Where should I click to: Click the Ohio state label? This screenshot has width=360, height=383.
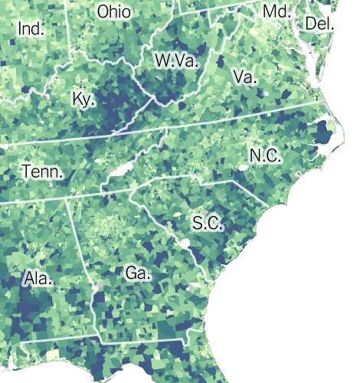coord(114,12)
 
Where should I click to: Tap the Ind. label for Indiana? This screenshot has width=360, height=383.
coord(31,30)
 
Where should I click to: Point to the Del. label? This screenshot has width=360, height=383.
coord(319,23)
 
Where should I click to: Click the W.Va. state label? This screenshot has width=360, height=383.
coord(176,61)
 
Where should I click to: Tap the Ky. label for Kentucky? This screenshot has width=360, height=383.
coord(83,99)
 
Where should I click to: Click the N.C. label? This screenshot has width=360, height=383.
coord(265,156)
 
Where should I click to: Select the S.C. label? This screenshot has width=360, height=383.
coord(207,224)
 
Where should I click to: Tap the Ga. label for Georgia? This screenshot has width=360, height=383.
coord(139,272)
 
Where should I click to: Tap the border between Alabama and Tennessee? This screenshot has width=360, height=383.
coord(38,201)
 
